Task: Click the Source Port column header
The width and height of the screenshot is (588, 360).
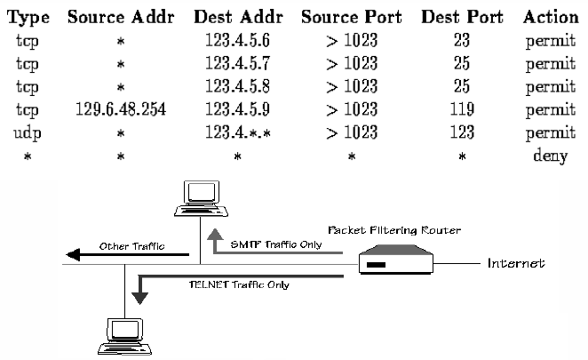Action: [x=353, y=17]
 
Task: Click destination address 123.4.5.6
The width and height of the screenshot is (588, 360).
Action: [x=237, y=41]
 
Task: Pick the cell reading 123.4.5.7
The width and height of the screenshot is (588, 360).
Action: [x=237, y=64]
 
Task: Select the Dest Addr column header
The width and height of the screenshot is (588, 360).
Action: [x=237, y=17]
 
